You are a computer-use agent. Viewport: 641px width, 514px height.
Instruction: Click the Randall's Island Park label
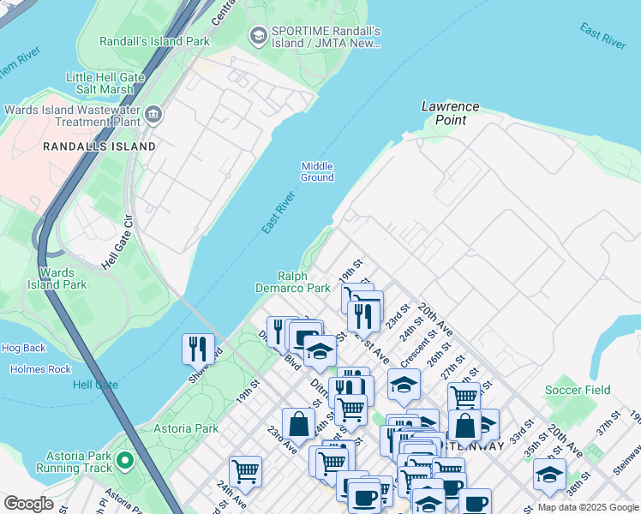click(154, 40)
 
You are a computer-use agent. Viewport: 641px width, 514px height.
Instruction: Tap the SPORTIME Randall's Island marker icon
click(258, 35)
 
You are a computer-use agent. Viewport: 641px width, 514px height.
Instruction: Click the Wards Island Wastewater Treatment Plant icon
click(153, 114)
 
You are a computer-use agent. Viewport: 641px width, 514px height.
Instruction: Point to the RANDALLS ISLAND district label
click(100, 146)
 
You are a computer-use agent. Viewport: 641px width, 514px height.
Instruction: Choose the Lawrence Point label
click(450, 113)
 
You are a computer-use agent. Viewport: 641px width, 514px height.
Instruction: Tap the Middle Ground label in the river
click(316, 171)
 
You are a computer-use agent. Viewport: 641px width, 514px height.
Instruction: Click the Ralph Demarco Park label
click(304, 282)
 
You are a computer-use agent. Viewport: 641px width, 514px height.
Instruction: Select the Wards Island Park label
click(57, 278)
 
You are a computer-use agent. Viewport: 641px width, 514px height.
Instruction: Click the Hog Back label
click(23, 348)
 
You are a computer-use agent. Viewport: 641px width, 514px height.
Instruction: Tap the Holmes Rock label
click(41, 369)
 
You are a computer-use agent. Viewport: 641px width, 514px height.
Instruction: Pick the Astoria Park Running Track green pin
click(125, 461)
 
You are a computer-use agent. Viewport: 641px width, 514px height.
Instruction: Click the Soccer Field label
click(578, 390)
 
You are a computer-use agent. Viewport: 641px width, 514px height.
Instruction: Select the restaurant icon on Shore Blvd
click(198, 348)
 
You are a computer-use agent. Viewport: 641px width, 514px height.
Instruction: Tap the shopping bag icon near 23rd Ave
click(298, 423)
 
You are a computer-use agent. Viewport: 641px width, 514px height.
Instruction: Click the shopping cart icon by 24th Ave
click(245, 470)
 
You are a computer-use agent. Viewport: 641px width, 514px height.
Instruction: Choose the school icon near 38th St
click(549, 474)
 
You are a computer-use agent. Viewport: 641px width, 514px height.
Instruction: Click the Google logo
click(28, 504)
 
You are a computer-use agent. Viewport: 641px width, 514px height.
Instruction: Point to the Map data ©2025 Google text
click(587, 507)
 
